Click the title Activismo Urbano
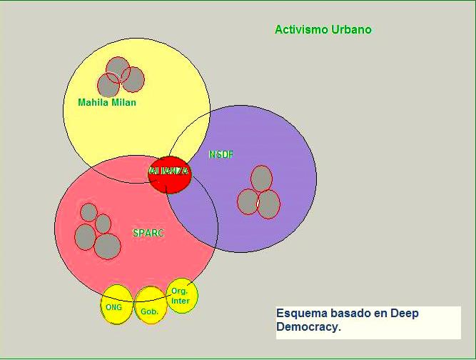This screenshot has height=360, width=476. [x=323, y=30]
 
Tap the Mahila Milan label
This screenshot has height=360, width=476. [x=106, y=103]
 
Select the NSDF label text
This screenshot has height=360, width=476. [x=221, y=155]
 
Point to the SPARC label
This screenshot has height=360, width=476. [x=148, y=233]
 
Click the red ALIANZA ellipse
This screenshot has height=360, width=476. [x=170, y=174]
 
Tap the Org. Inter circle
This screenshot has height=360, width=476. [x=181, y=295]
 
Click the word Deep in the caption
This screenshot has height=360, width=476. [x=404, y=314]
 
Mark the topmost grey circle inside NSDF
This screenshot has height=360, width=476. [x=262, y=179]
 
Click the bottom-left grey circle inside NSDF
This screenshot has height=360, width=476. [x=248, y=201]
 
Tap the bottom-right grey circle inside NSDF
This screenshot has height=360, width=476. [x=268, y=204]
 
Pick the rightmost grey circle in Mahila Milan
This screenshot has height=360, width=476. [x=133, y=79]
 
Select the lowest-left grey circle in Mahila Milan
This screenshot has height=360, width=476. [x=108, y=85]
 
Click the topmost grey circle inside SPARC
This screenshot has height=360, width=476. [x=88, y=212]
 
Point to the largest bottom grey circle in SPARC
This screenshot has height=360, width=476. [x=107, y=246]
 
